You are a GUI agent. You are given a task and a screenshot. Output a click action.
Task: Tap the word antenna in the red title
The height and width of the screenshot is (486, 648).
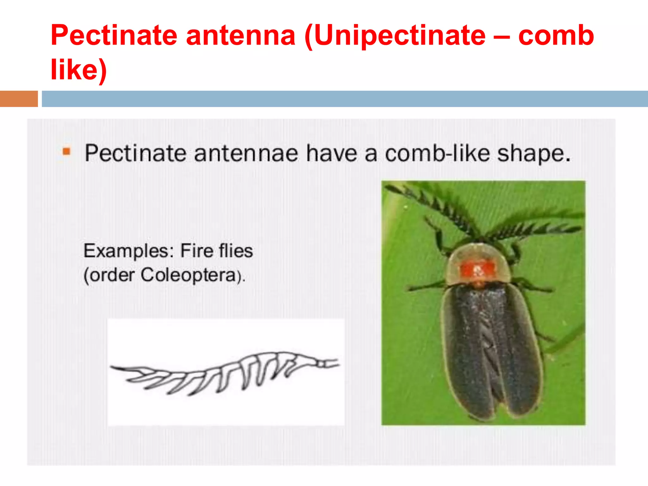pyautogui.click(x=240, y=35)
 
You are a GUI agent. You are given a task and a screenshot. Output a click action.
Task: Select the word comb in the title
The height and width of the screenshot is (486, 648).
pyautogui.click(x=556, y=35)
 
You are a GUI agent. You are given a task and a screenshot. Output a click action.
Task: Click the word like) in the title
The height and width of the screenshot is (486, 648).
pyautogui.click(x=79, y=70)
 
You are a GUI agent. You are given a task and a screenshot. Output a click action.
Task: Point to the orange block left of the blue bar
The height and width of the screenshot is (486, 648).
pyautogui.click(x=19, y=99)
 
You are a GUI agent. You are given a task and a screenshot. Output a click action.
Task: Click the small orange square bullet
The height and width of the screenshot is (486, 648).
pyautogui.click(x=66, y=152)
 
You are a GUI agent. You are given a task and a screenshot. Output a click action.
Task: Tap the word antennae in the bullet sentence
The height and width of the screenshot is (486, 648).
pyautogui.click(x=246, y=154)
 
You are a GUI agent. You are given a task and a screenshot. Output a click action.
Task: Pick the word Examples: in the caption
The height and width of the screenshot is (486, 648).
pyautogui.click(x=128, y=251)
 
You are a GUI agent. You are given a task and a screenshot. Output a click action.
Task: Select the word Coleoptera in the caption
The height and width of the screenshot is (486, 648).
pyautogui.click(x=189, y=275)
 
